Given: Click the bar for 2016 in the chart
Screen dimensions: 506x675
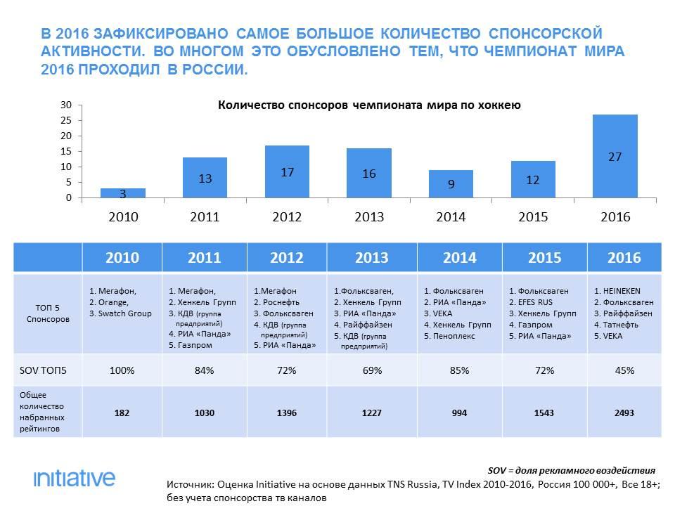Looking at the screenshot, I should point(615,156).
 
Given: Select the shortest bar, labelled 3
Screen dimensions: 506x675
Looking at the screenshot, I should point(123,193).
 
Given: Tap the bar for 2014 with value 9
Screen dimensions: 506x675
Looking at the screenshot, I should point(451,184).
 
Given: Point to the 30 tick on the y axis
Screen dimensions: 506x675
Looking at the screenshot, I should point(67,105).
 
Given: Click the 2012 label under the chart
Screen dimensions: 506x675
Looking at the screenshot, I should point(287,217).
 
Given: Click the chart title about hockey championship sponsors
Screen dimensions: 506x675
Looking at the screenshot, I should point(369,106).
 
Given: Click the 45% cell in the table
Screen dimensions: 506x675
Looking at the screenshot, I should point(624,370).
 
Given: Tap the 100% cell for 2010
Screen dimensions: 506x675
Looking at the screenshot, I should point(122,370).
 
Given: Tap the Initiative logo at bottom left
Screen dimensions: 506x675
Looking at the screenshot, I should point(74,479).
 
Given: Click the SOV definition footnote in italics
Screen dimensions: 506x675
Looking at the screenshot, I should point(571,470).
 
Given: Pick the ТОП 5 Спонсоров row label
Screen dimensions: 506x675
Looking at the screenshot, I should point(46,313).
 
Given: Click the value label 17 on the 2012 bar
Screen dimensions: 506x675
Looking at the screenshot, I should point(287,173).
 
